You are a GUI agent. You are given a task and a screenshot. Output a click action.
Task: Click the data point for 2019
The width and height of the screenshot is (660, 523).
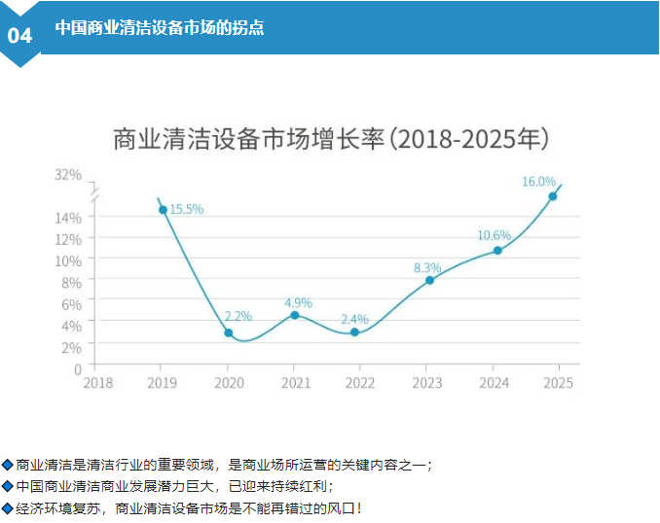(x=163, y=209)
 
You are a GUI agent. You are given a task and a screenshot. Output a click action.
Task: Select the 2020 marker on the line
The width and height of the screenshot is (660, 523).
(x=229, y=332)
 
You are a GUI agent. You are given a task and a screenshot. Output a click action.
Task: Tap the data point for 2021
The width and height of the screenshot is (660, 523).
(x=295, y=315)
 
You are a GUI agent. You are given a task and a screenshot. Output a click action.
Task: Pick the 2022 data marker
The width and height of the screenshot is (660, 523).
(x=354, y=332)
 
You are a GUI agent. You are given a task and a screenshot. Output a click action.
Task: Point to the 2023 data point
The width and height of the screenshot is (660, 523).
(x=429, y=280)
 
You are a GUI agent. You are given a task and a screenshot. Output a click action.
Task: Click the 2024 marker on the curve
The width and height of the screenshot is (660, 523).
(x=497, y=250)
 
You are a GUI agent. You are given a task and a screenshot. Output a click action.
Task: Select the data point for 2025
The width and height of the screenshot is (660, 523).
(x=553, y=196)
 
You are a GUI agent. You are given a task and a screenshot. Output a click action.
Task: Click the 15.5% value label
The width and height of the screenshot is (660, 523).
(x=186, y=209)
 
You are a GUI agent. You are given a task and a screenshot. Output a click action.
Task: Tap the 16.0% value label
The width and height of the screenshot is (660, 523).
(x=538, y=181)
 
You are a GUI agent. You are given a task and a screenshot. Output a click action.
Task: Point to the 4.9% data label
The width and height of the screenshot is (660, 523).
(x=298, y=301)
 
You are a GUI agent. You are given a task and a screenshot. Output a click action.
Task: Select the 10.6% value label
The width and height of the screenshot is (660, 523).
(x=494, y=235)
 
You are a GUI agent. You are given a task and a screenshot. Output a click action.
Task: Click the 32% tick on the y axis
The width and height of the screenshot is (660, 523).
(x=68, y=174)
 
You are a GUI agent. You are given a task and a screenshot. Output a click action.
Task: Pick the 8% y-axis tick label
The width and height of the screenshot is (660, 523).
(x=72, y=282)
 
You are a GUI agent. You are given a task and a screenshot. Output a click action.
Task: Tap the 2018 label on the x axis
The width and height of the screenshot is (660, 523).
(x=97, y=383)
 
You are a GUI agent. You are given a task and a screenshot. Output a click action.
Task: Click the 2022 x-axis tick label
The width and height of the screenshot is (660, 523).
(x=359, y=383)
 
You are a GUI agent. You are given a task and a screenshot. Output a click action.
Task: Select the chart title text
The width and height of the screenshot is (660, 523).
(x=330, y=138)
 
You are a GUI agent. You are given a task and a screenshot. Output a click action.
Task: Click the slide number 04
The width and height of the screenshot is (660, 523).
(x=19, y=35)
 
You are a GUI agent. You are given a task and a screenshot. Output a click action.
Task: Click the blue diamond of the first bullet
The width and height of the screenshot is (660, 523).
(x=8, y=465)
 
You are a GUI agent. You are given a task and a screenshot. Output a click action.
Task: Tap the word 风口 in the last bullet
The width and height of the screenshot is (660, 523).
(x=342, y=507)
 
